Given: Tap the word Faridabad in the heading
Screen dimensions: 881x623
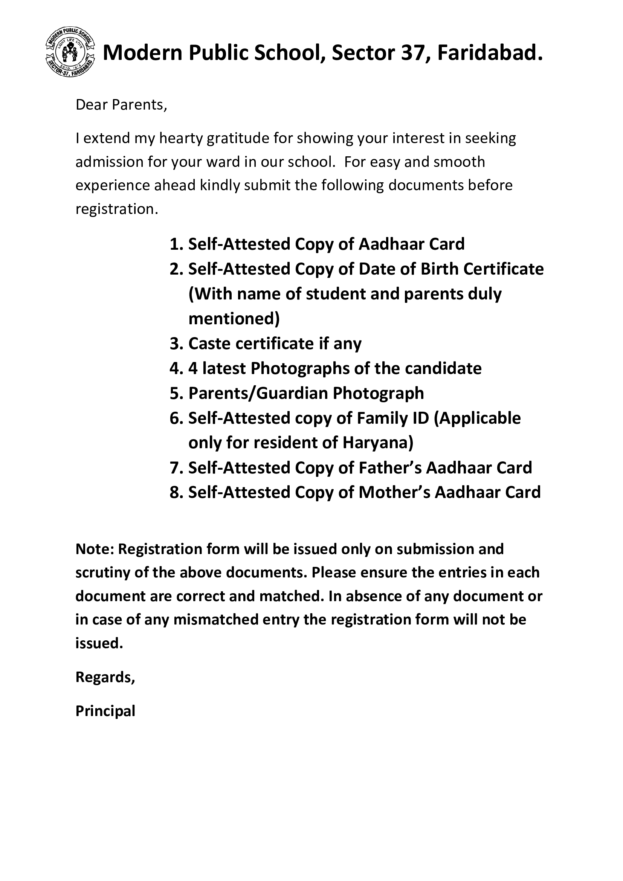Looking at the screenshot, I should tap(490, 53).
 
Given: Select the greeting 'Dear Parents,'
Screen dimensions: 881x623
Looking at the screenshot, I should tap(121, 105).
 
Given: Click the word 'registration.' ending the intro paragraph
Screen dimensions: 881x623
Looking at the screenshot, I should tap(117, 209).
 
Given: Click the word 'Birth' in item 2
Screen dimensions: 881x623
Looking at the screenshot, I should tap(440, 269).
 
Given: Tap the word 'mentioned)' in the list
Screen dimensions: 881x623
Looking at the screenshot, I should tap(234, 319).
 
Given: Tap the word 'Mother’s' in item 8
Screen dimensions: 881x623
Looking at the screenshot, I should tap(394, 493).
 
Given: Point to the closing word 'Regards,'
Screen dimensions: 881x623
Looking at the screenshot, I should tap(105, 677).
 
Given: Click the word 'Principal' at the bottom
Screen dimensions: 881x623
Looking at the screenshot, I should tap(105, 711).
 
